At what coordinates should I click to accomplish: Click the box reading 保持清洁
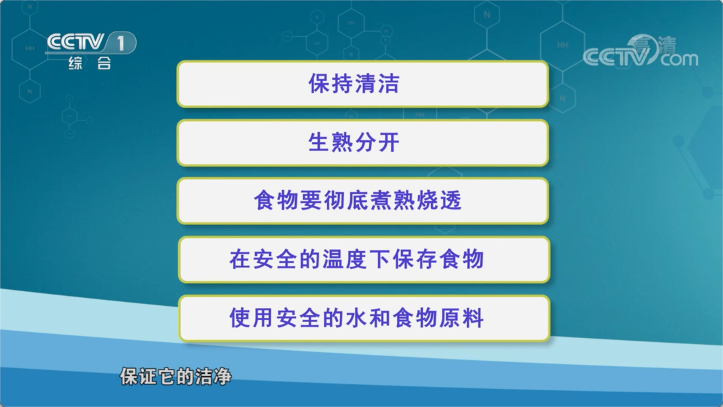pyautogui.click(x=363, y=84)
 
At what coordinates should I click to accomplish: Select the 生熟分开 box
pyautogui.click(x=363, y=143)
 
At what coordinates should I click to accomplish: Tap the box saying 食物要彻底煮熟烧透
pyautogui.click(x=363, y=201)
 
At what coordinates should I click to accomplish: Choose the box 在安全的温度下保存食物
pyautogui.click(x=364, y=260)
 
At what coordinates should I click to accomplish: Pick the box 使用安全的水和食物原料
pyautogui.click(x=364, y=318)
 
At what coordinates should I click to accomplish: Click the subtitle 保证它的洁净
pyautogui.click(x=175, y=377)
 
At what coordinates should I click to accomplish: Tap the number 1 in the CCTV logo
pyautogui.click(x=120, y=44)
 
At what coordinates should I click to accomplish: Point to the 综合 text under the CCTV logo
pyautogui.click(x=90, y=63)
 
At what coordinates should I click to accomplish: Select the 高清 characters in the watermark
pyautogui.click(x=654, y=45)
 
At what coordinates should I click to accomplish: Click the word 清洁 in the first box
pyautogui.click(x=377, y=84)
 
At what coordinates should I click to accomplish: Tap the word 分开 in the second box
pyautogui.click(x=377, y=143)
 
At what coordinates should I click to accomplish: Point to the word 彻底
pyautogui.click(x=346, y=201)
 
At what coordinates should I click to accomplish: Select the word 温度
pyautogui.click(x=345, y=260)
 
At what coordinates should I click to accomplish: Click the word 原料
pyautogui.click(x=461, y=318)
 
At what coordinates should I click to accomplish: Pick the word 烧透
pyautogui.click(x=439, y=201)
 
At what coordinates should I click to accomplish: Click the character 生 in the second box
pyautogui.click(x=319, y=143)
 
